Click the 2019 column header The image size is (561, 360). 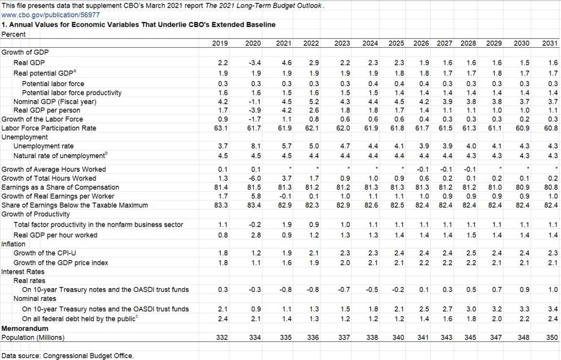(x=220, y=43)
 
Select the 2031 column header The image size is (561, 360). (x=550, y=43)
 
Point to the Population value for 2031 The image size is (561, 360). (x=550, y=337)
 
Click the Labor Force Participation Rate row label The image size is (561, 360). (x=49, y=128)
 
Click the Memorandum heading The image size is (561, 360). (x=25, y=328)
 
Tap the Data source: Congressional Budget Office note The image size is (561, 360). (x=67, y=356)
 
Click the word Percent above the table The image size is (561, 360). (x=14, y=34)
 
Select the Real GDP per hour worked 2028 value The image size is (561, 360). (x=468, y=235)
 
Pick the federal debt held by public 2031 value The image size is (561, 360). (x=550, y=319)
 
